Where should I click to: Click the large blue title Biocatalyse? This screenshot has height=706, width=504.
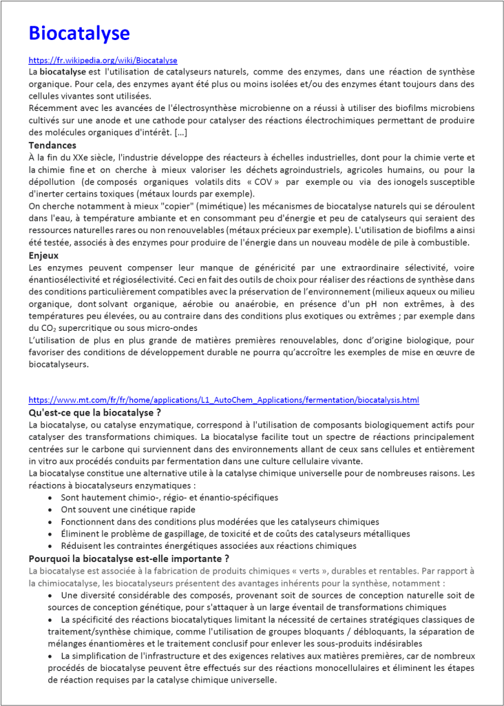pyautogui.click(x=78, y=33)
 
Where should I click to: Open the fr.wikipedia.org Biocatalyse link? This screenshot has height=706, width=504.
pyautogui.click(x=103, y=61)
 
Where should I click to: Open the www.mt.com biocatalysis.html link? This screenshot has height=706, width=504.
pyautogui.click(x=224, y=400)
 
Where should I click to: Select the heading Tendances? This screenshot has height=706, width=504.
pyautogui.click(x=52, y=145)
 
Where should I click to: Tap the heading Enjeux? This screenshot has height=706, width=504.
pyautogui.click(x=45, y=255)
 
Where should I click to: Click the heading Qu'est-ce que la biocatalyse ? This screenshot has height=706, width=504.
pyautogui.click(x=95, y=412)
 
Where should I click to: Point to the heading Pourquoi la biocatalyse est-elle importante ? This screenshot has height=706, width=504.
pyautogui.click(x=129, y=558)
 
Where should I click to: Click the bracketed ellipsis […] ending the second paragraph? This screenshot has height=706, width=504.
pyautogui.click(x=187, y=132)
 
